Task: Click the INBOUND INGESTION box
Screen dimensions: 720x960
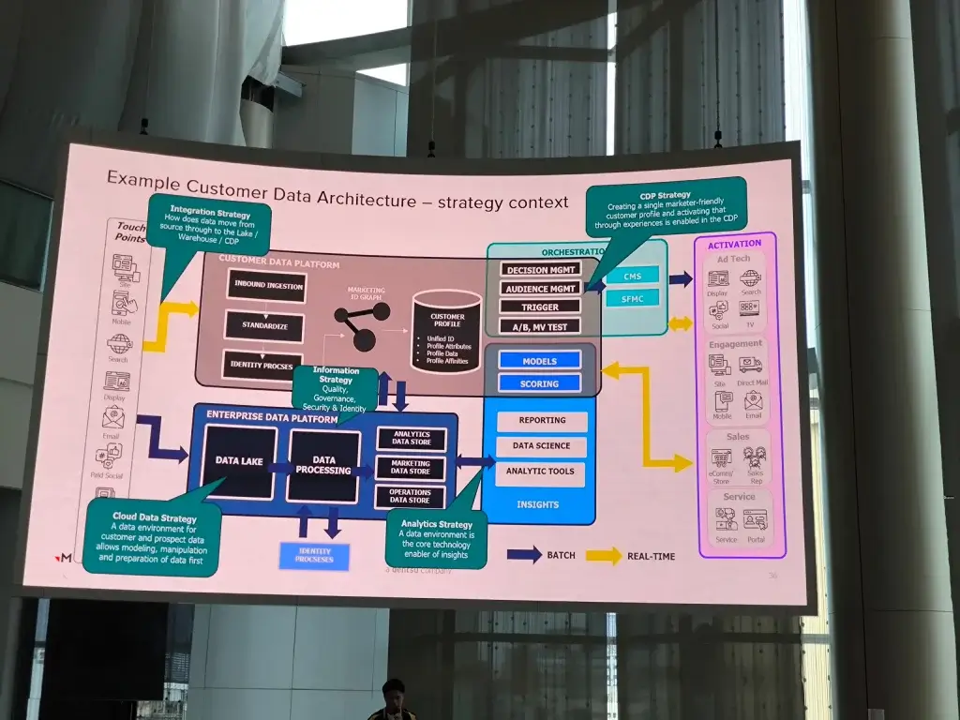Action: pyautogui.click(x=266, y=286)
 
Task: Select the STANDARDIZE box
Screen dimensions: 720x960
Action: pyautogui.click(x=264, y=325)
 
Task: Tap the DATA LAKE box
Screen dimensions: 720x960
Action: pyautogui.click(x=239, y=461)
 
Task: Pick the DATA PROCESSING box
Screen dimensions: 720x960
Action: pyautogui.click(x=324, y=465)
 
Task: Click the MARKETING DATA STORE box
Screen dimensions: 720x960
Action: pyautogui.click(x=411, y=468)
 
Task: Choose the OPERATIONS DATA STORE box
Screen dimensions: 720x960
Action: pyautogui.click(x=410, y=497)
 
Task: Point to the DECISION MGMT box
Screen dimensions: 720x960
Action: pyautogui.click(x=539, y=270)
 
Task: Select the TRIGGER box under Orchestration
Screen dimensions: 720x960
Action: pyautogui.click(x=539, y=307)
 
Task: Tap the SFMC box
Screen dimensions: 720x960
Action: pyautogui.click(x=632, y=298)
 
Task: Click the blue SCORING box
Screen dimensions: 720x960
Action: pyautogui.click(x=539, y=383)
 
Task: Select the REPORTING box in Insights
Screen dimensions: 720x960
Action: pyautogui.click(x=541, y=421)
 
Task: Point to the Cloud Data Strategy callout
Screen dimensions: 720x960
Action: pyautogui.click(x=152, y=538)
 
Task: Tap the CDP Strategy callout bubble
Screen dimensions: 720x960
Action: pyautogui.click(x=666, y=207)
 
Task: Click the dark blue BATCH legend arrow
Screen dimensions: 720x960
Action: pyautogui.click(x=523, y=555)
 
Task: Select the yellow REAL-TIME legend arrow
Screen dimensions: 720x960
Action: pyautogui.click(x=604, y=556)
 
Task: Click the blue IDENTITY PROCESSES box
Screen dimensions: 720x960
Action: pyautogui.click(x=314, y=557)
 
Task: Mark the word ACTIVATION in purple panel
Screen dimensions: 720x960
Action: pyautogui.click(x=735, y=244)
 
